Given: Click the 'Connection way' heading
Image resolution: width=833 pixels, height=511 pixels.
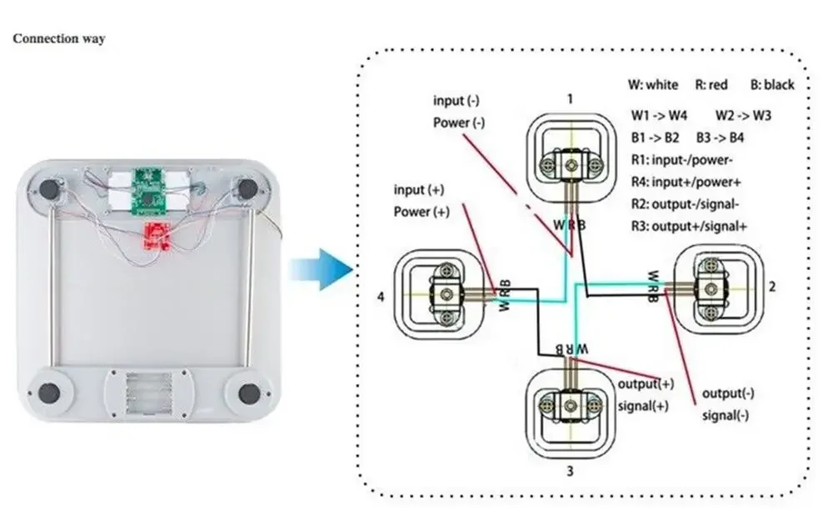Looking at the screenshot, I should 59,39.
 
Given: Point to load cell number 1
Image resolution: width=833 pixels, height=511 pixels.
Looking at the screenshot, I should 571,154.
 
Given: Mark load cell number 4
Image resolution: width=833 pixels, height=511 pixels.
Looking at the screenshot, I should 439,291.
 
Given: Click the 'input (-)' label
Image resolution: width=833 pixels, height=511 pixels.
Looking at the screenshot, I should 456,101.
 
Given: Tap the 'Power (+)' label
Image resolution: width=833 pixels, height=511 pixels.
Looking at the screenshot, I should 421,212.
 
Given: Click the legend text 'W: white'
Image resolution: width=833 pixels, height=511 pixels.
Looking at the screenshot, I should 653,85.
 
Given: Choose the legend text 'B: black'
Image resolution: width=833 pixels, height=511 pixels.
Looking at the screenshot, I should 772,85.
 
